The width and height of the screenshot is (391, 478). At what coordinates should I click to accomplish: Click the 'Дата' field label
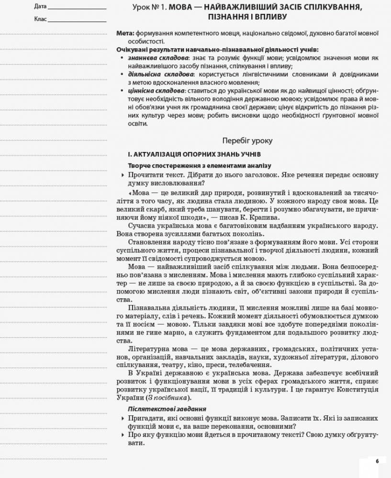click(x=41, y=7)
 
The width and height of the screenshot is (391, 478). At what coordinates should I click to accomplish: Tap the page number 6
click(x=377, y=461)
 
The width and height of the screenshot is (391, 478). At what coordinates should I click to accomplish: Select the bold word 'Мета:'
click(x=125, y=33)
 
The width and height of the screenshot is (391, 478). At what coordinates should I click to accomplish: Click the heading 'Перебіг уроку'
click(x=247, y=141)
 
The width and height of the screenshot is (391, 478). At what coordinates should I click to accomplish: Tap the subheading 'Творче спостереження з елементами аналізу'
click(x=199, y=165)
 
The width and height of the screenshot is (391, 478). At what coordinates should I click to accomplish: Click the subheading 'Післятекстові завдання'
click(x=167, y=409)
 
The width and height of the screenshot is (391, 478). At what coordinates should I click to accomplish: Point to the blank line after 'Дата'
click(x=77, y=7)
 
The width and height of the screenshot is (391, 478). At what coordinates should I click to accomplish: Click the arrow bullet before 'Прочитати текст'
click(x=123, y=175)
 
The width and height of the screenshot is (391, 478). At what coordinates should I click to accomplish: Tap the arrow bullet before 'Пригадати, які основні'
click(x=123, y=418)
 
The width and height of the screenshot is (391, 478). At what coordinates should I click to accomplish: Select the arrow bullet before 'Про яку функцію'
click(x=123, y=435)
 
